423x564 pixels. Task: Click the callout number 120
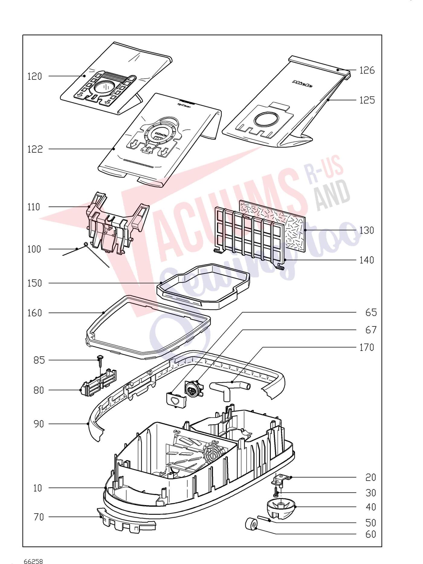pos(35,76)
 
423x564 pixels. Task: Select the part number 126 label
pos(367,70)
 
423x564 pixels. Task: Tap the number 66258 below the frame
pos(34,561)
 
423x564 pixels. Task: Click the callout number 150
pos(35,284)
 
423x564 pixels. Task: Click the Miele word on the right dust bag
pos(302,84)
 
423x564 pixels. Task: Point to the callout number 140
pos(367,260)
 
